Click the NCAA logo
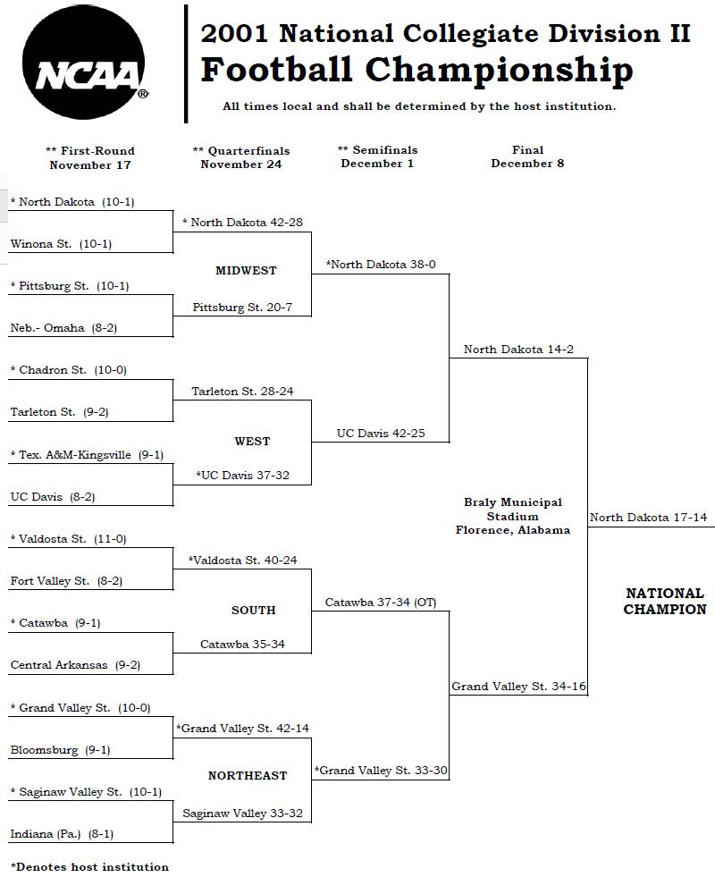point(84,63)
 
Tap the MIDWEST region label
point(246,270)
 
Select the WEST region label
point(252,441)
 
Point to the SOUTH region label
point(253,610)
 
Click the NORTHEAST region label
point(248,775)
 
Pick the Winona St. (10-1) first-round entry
point(61,244)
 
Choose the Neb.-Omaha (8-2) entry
point(63,328)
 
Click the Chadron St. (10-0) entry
point(69,370)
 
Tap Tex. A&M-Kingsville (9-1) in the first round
point(88,454)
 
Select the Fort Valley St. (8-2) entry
point(66,581)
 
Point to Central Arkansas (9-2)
point(75,665)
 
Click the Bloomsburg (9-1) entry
point(61,750)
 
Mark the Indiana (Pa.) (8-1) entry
point(62,834)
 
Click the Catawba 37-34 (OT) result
point(381,602)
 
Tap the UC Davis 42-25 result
point(381,434)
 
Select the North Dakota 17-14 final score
point(648,517)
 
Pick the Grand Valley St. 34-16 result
point(519,687)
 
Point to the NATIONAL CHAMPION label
point(665,601)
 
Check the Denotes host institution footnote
point(89,867)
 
